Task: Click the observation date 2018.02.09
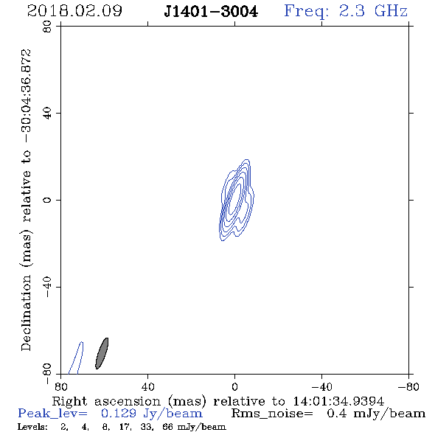pos(74,11)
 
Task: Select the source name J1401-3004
pos(211,12)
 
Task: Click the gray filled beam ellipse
pos(102,353)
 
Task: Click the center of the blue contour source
pos(236,200)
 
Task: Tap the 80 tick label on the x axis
pos(60,387)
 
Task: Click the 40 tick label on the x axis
pos(147,387)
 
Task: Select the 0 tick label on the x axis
pos(234,387)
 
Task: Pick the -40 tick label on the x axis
pos(321,387)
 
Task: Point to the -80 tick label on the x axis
pos(408,387)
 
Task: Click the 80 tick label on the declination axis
pos(47,27)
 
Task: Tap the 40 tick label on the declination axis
pos(47,114)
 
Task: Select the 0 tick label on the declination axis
pos(47,200)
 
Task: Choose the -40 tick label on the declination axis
pos(47,287)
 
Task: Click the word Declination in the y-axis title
pos(26,313)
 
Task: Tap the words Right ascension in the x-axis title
pos(106,401)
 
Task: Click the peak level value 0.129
pos(119,414)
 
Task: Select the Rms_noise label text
pos(272,414)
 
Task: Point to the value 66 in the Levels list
pos(167,426)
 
